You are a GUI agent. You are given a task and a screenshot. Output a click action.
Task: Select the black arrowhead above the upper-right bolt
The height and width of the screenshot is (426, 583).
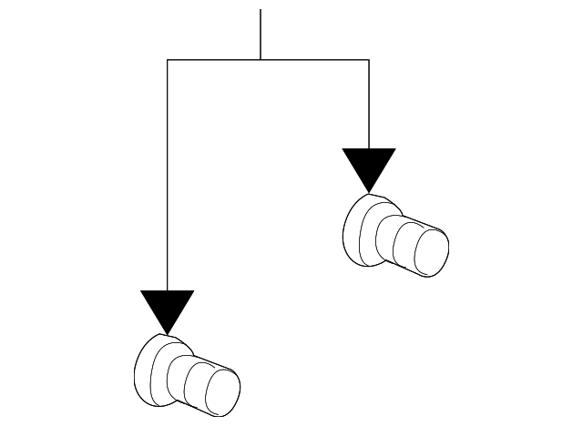pos(369,166)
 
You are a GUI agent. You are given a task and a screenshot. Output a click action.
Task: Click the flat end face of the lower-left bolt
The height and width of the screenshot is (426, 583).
pos(221,391)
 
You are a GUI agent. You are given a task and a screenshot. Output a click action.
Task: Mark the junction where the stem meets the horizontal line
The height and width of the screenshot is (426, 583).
pos(261,60)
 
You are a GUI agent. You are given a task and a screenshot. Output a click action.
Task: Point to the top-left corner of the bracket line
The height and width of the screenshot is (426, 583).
pos(168,60)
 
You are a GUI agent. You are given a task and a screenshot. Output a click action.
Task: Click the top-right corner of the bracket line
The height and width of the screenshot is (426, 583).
pos(369,60)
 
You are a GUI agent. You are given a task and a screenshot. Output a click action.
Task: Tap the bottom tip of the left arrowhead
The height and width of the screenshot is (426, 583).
pos(168,332)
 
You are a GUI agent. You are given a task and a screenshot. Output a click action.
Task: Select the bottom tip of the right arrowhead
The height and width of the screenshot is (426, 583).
pos(369,191)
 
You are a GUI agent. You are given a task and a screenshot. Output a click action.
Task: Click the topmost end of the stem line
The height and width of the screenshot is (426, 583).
pos(261,10)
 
